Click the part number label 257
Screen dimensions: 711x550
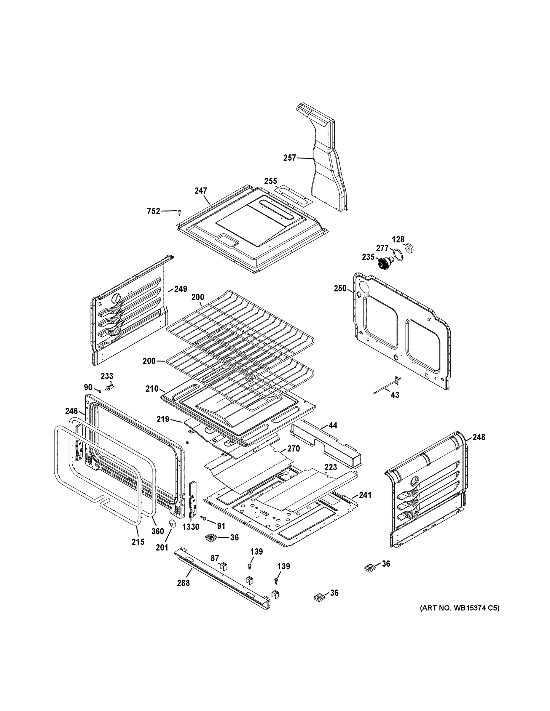[289, 158]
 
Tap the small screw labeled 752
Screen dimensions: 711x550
[179, 212]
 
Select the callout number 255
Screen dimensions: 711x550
[270, 181]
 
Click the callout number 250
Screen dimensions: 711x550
[340, 289]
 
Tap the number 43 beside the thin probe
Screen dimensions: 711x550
[395, 395]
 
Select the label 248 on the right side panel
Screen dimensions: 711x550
[479, 437]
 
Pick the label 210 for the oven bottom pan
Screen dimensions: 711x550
[152, 389]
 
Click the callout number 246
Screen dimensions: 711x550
[71, 411]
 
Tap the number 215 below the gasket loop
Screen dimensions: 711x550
[138, 542]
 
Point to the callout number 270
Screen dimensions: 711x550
[293, 449]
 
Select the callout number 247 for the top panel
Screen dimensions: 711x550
[201, 191]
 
